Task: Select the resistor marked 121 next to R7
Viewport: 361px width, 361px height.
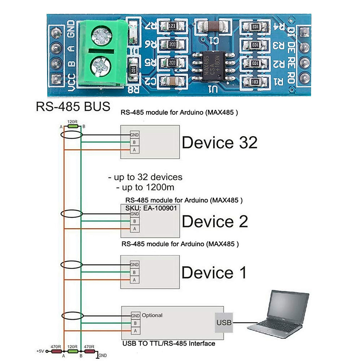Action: coord(172,26)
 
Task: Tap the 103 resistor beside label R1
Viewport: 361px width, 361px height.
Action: coord(255,82)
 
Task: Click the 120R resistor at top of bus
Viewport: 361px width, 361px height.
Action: coord(73,126)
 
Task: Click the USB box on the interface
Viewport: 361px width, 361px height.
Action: coord(224,322)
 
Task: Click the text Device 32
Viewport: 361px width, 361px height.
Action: coord(220,142)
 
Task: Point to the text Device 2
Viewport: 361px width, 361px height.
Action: coord(215,221)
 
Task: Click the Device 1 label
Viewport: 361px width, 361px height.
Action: coord(214,273)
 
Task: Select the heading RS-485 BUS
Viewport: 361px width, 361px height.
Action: coord(73,106)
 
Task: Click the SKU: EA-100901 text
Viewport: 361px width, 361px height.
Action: coord(151,208)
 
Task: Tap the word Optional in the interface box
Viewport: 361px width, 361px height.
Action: coord(152,315)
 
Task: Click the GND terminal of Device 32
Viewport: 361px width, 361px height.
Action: coord(134,135)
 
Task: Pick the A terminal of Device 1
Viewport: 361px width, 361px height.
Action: coord(134,280)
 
